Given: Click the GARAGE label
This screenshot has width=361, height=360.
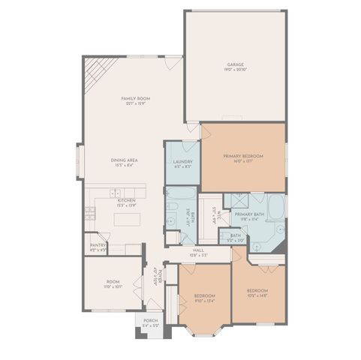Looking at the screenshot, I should tap(236, 64).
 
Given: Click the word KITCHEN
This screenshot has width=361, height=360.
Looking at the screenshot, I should tap(125, 200).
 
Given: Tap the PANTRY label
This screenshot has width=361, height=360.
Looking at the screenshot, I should tap(98, 244).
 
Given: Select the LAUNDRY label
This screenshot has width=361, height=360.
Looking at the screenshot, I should tap(182, 161).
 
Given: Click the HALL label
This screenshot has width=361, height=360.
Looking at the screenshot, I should tap(199, 250).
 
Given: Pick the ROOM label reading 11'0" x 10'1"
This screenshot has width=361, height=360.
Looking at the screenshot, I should tap(112, 282).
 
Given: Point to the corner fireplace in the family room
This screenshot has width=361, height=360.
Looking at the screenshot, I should tap(95, 73).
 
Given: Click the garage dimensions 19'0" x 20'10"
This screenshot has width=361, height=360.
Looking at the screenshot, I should tap(236, 70).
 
